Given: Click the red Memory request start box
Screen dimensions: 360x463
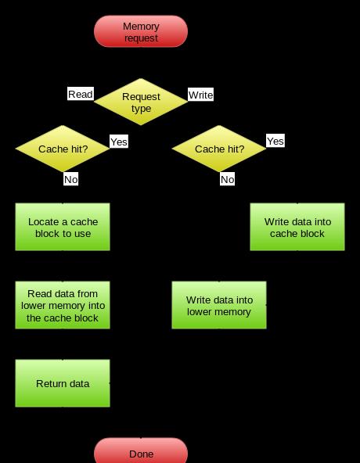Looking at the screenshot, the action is (x=141, y=31).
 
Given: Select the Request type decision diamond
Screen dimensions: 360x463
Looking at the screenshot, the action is (x=141, y=102).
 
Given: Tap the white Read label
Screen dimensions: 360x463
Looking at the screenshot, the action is (x=81, y=94).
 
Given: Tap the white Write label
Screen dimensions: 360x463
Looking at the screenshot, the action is (x=200, y=95).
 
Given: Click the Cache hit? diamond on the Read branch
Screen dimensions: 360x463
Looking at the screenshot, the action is (x=63, y=149).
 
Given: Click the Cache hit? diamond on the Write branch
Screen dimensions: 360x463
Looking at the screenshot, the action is (x=219, y=149).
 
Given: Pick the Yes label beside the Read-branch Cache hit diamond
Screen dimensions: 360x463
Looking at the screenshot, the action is (x=119, y=142).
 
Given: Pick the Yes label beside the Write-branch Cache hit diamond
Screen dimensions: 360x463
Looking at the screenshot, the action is (x=275, y=141).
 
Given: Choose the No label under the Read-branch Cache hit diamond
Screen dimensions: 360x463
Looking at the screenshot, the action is (x=71, y=179).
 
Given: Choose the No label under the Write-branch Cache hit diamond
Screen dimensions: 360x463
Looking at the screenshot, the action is (x=227, y=179).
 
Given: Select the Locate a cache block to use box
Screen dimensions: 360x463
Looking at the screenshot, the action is (x=63, y=227).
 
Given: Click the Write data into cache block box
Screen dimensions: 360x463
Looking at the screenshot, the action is (x=297, y=227).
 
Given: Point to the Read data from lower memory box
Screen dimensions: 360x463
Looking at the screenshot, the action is (x=63, y=305).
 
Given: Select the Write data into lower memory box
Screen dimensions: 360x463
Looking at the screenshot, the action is (x=219, y=305).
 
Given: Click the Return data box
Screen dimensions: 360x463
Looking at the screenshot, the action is (x=63, y=383).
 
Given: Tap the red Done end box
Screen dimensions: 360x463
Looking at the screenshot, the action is (x=141, y=451).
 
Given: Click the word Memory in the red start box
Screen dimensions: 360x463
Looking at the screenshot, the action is (x=141, y=27).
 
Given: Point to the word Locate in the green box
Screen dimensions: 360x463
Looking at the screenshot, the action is (x=43, y=222).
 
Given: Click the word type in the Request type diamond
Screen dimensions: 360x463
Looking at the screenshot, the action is (x=142, y=109).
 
